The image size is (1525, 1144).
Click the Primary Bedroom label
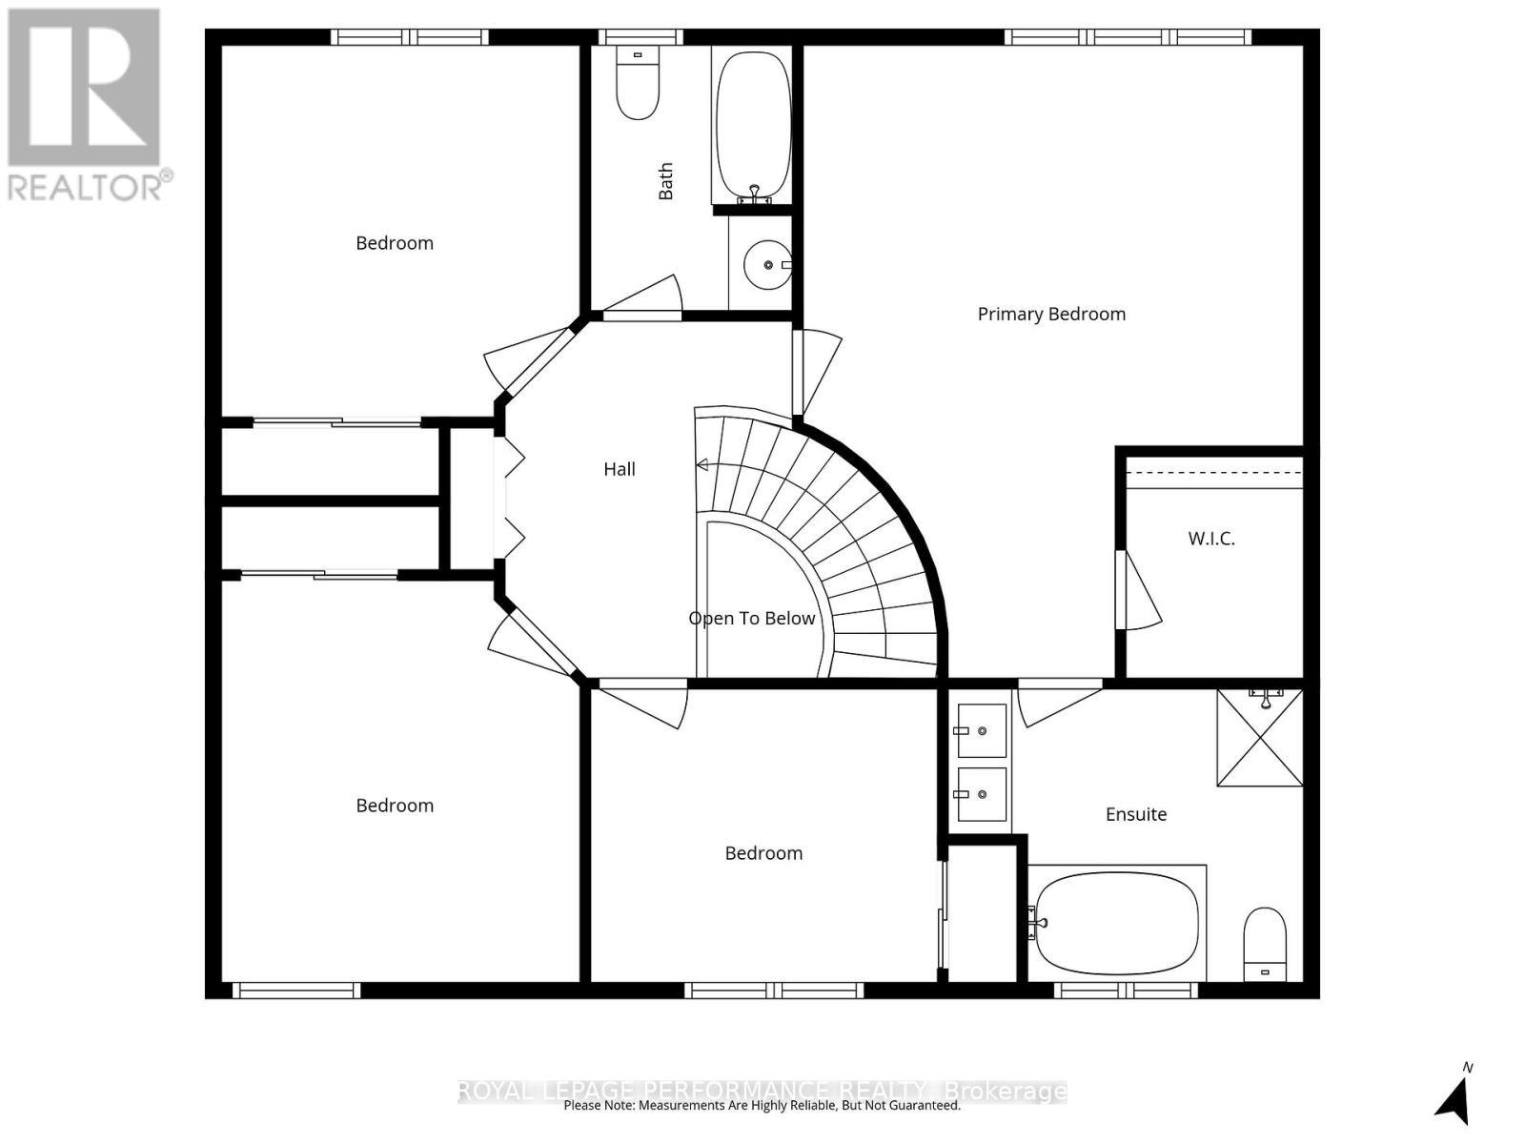(1051, 314)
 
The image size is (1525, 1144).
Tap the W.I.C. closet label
(1210, 539)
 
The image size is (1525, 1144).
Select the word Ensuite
(1135, 814)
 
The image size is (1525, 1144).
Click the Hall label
(619, 469)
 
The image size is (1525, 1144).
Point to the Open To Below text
(751, 619)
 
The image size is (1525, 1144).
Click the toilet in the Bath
(638, 86)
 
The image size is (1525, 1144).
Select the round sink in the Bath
(767, 264)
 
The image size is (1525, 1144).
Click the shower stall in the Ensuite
(1259, 738)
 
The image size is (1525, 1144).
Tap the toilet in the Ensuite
(1265, 943)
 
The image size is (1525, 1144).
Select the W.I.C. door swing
(1139, 591)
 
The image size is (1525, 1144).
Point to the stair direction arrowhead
(702, 465)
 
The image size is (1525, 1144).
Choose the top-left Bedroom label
(395, 243)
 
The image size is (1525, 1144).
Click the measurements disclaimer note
(762, 1106)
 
